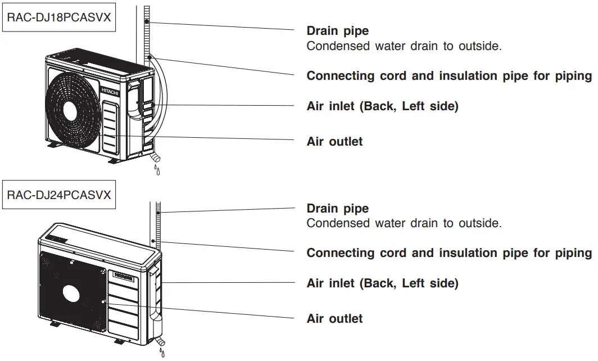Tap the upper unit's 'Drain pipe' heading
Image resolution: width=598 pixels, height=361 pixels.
pos(337,31)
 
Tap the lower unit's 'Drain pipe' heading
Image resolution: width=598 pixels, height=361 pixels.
pos(337,209)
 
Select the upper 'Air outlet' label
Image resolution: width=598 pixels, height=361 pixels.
pos(334,142)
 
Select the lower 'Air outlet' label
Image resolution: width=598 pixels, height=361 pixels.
pos(334,319)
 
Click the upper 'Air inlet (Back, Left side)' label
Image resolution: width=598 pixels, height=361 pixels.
pos(382,106)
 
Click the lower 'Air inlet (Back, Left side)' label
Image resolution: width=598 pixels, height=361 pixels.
pos(382,283)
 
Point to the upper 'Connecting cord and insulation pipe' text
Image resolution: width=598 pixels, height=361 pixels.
pos(449,76)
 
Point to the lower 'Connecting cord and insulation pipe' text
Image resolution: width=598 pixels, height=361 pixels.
pos(449,253)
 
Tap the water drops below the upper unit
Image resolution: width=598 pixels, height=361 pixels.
pos(157,169)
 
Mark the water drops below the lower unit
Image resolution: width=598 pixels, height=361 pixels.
pos(162,353)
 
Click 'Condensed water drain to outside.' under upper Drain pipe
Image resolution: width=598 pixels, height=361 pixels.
pos(404,46)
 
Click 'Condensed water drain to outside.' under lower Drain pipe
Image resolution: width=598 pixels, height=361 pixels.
pos(404,223)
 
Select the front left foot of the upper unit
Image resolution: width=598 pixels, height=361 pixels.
pos(53,145)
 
